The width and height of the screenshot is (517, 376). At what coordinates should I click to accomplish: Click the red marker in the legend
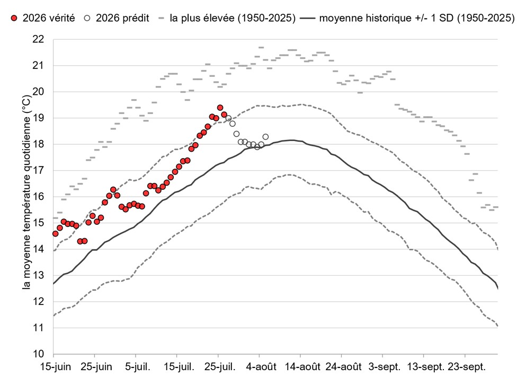tap(14, 18)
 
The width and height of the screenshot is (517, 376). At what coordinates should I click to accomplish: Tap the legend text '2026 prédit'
tap(122, 18)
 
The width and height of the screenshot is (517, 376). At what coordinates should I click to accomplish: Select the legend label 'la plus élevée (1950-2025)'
tap(233, 18)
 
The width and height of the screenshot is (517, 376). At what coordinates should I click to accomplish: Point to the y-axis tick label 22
tap(38, 39)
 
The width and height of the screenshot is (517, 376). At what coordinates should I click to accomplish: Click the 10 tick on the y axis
tap(38, 354)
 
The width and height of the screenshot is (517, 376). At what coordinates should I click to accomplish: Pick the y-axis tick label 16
tap(38, 197)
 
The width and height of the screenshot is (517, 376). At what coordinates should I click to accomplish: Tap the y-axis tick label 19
tap(38, 118)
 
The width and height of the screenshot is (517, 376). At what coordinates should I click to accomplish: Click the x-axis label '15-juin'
tap(56, 367)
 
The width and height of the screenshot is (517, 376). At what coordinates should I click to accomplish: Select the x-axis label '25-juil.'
tap(220, 367)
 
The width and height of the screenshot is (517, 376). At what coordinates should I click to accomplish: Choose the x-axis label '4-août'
tap(261, 367)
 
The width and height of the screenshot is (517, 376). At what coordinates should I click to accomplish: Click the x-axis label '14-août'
tap(302, 367)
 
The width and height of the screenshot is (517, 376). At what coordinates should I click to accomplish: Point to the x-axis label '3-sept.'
tap(384, 367)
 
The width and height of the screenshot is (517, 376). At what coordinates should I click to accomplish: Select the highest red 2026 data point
tap(220, 108)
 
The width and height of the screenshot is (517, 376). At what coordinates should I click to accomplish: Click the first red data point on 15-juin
tap(56, 234)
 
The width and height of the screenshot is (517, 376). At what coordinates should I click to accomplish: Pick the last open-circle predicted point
tap(265, 137)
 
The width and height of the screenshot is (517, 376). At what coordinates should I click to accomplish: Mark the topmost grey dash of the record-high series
tap(261, 48)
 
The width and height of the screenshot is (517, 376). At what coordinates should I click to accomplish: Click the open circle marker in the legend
tap(87, 18)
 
